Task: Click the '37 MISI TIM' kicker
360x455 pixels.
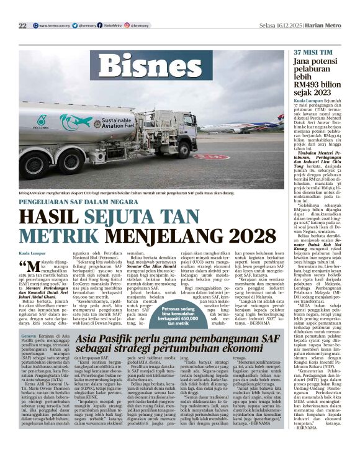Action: coord(313,53)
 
